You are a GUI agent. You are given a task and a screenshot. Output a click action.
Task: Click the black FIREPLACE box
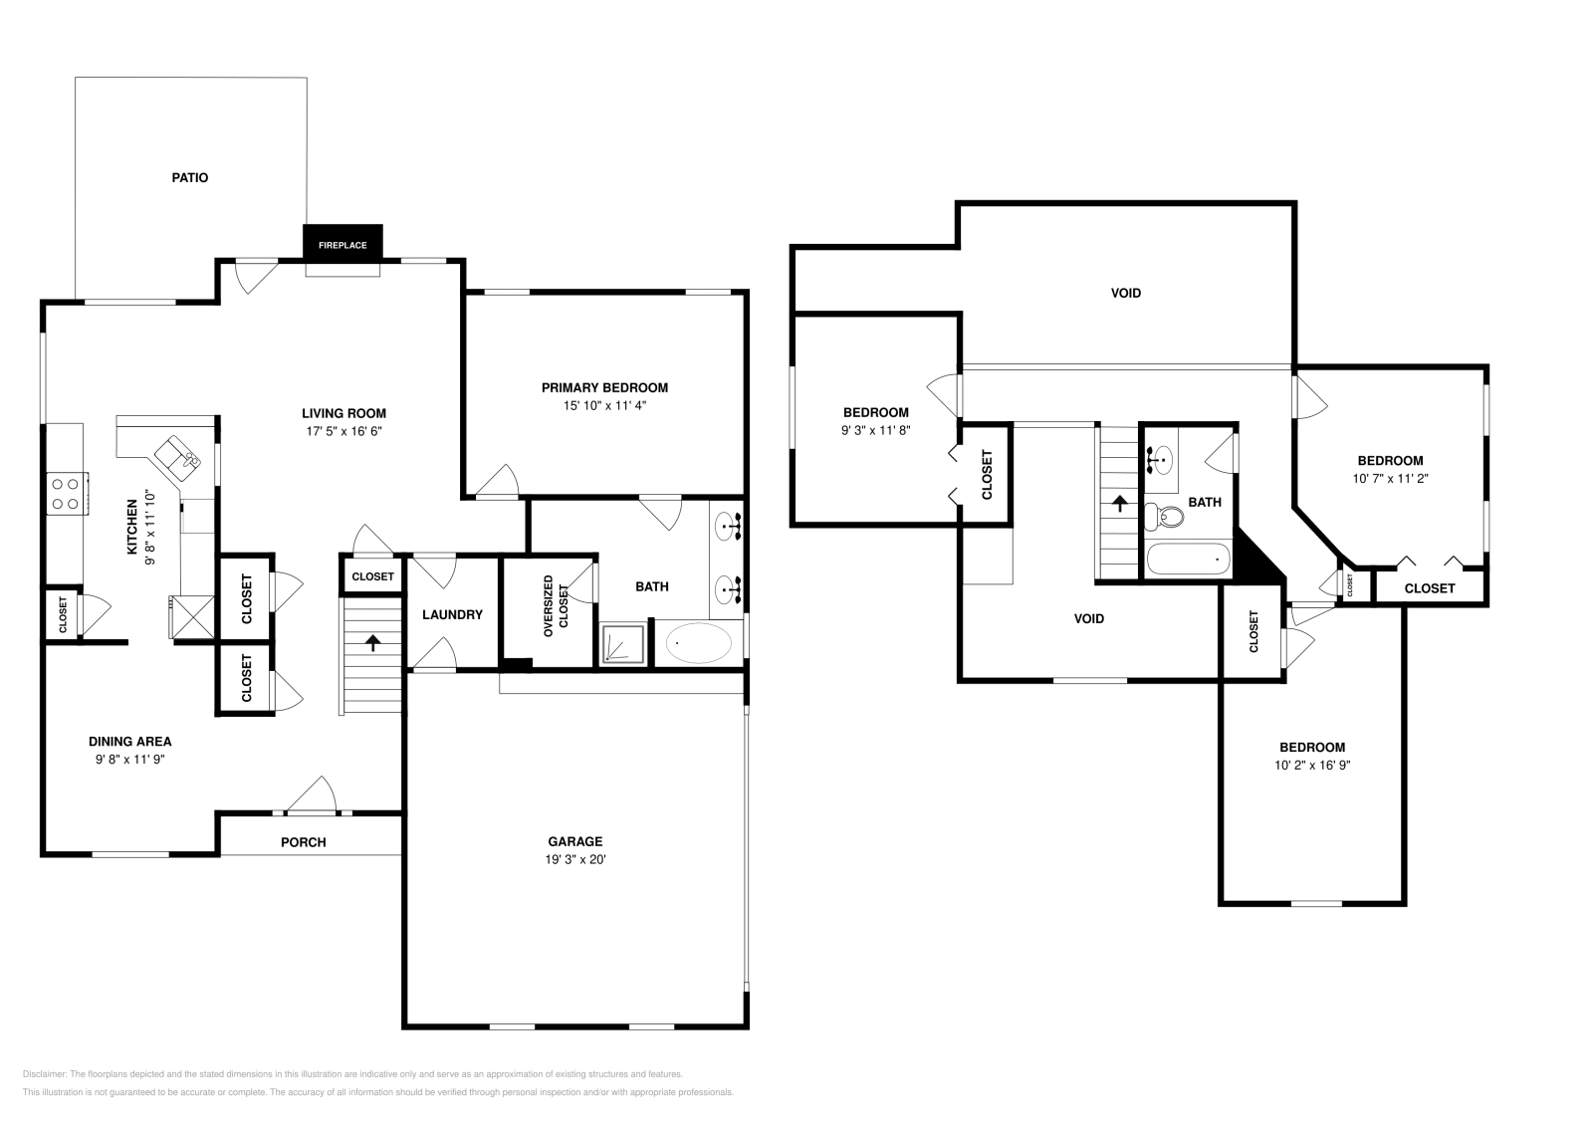pyautogui.click(x=342, y=245)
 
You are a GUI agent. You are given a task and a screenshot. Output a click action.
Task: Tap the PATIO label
pyautogui.click(x=189, y=178)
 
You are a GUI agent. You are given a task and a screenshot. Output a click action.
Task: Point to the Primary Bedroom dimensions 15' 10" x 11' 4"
pyautogui.click(x=604, y=405)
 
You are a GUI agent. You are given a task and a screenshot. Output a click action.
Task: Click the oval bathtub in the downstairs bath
pyautogui.click(x=698, y=644)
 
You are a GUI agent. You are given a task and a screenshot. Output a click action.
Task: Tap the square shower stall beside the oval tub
pyautogui.click(x=623, y=644)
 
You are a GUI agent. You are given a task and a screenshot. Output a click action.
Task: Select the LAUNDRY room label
pyautogui.click(x=451, y=614)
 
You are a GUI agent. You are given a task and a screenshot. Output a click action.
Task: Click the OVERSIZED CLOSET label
pyautogui.click(x=555, y=606)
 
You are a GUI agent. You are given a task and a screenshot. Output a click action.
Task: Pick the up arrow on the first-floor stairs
pyautogui.click(x=373, y=643)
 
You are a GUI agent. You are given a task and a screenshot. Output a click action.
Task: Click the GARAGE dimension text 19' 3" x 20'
pyautogui.click(x=574, y=858)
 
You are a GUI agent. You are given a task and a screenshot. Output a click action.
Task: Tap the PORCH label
pyautogui.click(x=304, y=842)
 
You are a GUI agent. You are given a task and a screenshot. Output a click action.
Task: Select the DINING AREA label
pyautogui.click(x=129, y=741)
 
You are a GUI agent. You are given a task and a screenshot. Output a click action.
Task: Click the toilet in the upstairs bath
pyautogui.click(x=1166, y=517)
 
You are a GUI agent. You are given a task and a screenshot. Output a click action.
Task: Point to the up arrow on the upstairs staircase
pyautogui.click(x=1119, y=504)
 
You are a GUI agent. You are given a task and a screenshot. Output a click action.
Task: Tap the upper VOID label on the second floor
pyautogui.click(x=1126, y=293)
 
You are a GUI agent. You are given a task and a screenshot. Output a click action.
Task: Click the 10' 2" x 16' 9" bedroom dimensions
pyautogui.click(x=1311, y=766)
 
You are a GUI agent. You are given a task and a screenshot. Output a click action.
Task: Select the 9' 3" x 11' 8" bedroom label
pyautogui.click(x=875, y=430)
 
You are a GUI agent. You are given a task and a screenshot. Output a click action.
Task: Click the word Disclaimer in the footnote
pyautogui.click(x=44, y=1074)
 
